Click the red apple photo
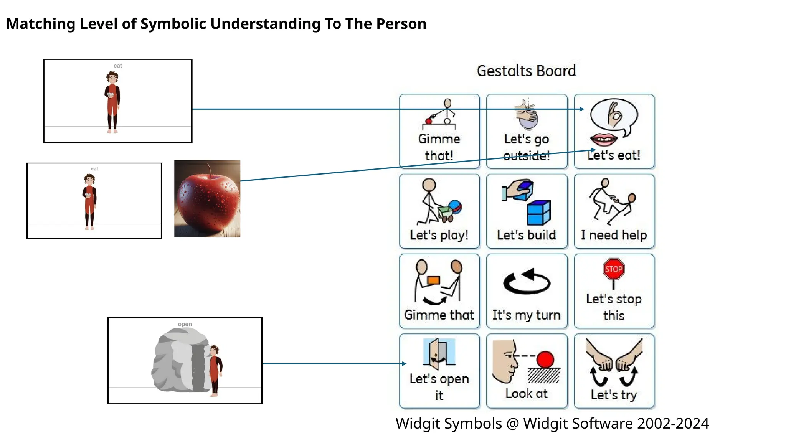point(207,200)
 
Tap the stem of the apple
point(210,170)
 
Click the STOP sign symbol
point(613,269)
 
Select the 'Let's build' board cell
point(527,211)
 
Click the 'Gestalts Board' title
point(526,71)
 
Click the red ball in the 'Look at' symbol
point(545,360)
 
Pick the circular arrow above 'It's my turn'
point(527,281)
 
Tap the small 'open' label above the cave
point(185,324)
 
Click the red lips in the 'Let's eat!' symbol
point(603,139)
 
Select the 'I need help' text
point(614,235)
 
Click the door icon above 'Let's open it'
point(439,352)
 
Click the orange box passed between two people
point(433,280)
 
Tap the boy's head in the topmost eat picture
point(112,78)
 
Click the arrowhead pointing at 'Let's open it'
point(404,363)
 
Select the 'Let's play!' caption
point(439,235)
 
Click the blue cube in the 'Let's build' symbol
point(539,213)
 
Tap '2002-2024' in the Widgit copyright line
point(672,424)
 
